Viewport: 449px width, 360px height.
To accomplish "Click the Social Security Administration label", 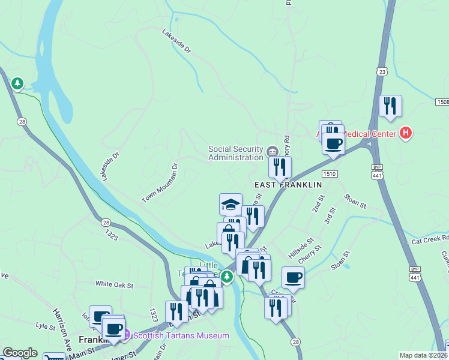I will pyautogui.click(x=235, y=153).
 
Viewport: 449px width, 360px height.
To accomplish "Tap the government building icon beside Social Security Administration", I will pyautogui.click(x=272, y=151).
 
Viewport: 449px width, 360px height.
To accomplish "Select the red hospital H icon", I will pyautogui.click(x=406, y=132).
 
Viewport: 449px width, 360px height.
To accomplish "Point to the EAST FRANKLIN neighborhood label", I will pyautogui.click(x=288, y=185).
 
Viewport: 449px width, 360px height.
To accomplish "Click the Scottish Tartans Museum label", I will pyautogui.click(x=181, y=335).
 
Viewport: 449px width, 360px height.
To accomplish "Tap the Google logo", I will pyautogui.click(x=19, y=353).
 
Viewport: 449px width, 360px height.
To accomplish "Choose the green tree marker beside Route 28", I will pyautogui.click(x=18, y=83).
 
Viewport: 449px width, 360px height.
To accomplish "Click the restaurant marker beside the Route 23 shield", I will pyautogui.click(x=390, y=106).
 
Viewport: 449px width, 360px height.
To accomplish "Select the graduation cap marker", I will pyautogui.click(x=231, y=204).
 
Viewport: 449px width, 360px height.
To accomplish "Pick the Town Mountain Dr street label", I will pyautogui.click(x=160, y=182).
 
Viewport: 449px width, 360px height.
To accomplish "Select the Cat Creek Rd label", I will pyautogui.click(x=430, y=239).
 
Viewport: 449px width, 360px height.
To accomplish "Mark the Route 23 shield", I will pyautogui.click(x=382, y=71).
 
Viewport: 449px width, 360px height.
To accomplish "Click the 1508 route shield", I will pyautogui.click(x=442, y=103).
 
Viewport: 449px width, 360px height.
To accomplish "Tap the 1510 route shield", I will pyautogui.click(x=329, y=173).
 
